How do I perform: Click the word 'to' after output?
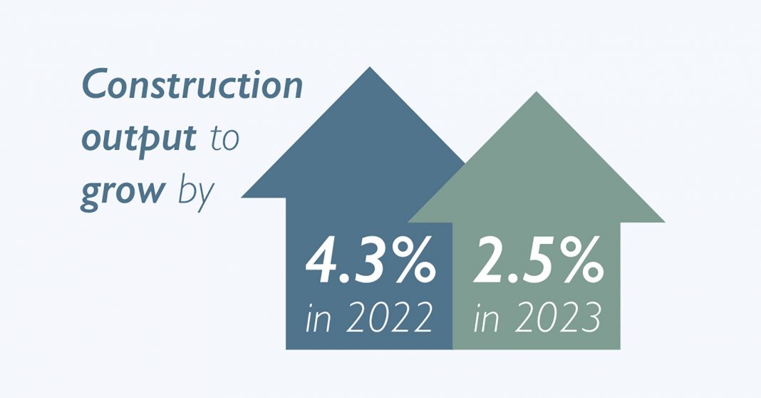[x=224, y=138]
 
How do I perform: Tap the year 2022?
[x=390, y=317]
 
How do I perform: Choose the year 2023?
[x=558, y=317]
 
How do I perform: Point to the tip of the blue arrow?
[x=370, y=67]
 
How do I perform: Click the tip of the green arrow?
[x=537, y=92]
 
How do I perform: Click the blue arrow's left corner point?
[x=242, y=198]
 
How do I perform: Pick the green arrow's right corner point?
[x=664, y=222]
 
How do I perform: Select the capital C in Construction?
[x=95, y=83]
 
